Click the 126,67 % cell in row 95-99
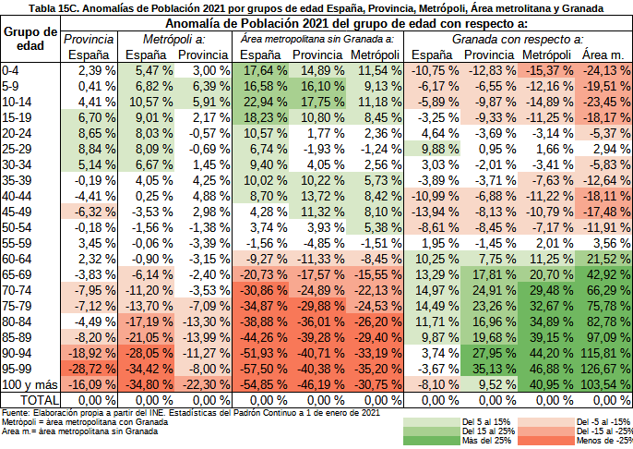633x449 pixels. pyautogui.click(x=605, y=368)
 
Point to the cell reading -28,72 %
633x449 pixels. pyautogui.click(x=90, y=368)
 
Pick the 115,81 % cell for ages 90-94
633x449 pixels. pyautogui.click(x=605, y=353)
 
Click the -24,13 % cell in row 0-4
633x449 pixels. pyautogui.click(x=605, y=71)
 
